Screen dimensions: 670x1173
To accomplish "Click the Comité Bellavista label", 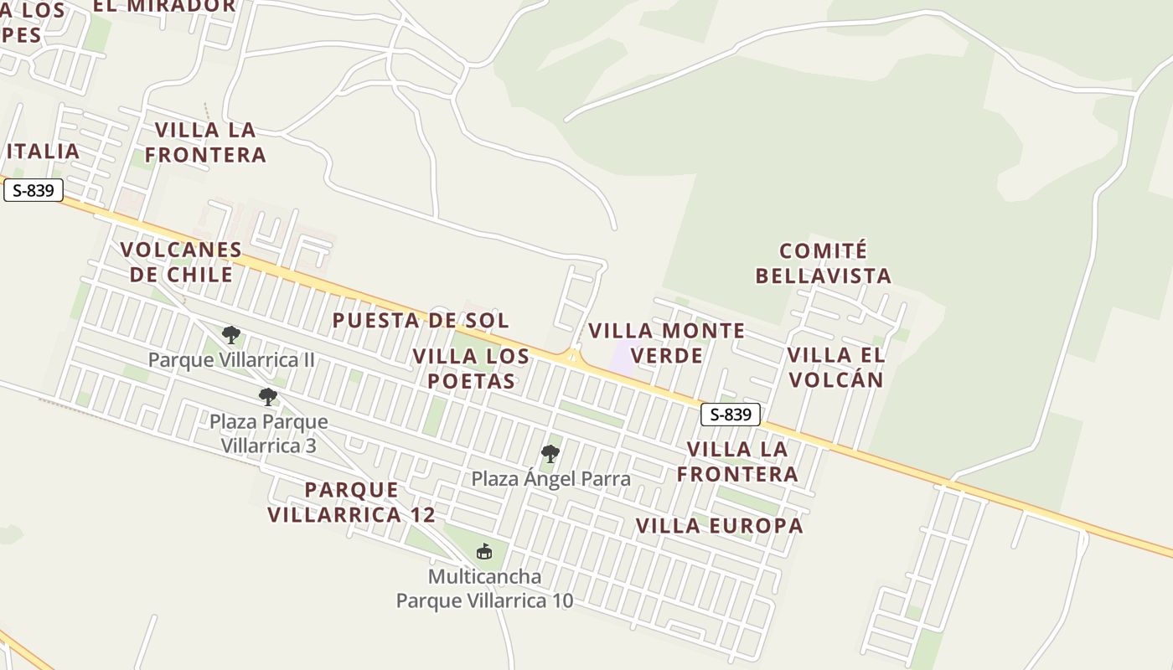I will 823,263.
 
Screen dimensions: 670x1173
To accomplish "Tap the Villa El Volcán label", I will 835,367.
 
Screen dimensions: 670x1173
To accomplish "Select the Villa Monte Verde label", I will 667,343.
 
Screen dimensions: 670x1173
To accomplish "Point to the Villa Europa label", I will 719,526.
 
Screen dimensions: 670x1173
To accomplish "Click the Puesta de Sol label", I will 421,320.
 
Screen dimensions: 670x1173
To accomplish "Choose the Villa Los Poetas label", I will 471,368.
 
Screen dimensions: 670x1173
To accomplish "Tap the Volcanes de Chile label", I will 181,262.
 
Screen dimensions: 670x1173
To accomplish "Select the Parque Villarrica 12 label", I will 352,502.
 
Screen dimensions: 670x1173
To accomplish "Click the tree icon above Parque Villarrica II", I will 231,336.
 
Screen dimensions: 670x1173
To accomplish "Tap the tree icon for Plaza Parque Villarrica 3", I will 268,397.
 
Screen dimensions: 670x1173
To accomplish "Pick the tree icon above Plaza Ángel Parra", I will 550,454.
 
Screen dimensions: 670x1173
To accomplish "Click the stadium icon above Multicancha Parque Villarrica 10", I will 484,551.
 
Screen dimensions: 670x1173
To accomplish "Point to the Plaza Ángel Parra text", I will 550,478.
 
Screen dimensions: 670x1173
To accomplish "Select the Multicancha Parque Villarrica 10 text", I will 484,589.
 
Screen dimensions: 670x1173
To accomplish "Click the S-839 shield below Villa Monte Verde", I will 731,414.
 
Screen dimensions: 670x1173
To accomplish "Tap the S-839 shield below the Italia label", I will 34,190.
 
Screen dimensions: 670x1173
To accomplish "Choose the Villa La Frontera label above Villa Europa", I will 737,461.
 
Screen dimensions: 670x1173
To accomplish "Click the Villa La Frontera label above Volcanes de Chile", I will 206,142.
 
